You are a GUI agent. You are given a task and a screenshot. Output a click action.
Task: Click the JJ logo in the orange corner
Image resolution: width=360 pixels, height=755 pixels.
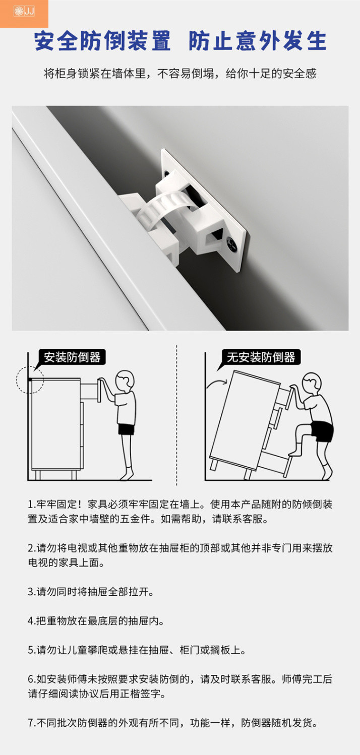click(x=24, y=11)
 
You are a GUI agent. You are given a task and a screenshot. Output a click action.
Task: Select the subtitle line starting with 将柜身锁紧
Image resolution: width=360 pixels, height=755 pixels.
click(x=180, y=74)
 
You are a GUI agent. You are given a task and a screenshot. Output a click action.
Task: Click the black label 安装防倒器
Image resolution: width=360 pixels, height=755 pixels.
click(x=72, y=358)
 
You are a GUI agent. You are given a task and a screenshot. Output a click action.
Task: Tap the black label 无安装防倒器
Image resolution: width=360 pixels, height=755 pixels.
click(x=261, y=358)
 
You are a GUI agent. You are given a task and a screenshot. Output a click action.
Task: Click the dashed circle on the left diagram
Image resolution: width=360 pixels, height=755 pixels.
click(x=30, y=379)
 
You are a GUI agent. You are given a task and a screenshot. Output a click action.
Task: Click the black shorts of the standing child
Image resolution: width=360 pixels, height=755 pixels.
click(x=126, y=429)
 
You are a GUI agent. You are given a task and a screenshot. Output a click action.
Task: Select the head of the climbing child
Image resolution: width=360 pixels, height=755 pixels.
click(x=312, y=384)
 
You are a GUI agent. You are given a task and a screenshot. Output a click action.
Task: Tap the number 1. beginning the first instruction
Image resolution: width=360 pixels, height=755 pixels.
click(x=31, y=505)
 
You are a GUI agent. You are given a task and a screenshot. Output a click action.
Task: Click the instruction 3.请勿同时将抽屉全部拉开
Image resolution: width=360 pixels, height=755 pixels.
click(x=91, y=592)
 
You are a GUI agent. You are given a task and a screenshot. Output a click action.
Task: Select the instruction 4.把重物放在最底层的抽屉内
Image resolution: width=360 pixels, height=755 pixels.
click(x=96, y=621)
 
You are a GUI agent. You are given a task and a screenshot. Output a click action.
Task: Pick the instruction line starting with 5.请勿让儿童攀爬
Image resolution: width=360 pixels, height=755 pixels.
click(x=137, y=650)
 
